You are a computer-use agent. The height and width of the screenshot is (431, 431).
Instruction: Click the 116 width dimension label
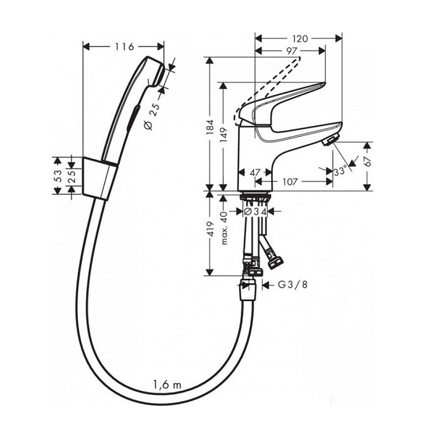tap(124, 47)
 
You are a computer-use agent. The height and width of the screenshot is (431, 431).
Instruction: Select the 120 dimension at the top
tap(300, 39)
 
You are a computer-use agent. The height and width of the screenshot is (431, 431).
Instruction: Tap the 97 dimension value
tap(291, 51)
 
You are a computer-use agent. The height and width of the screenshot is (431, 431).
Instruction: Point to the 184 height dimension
tap(210, 127)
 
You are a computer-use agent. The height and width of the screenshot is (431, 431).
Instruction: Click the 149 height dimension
tap(224, 134)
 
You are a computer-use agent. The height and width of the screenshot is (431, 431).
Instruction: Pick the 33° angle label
tap(340, 171)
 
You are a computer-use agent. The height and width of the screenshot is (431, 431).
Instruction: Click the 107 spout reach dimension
tap(290, 182)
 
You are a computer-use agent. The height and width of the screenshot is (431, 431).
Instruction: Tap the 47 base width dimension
tap(255, 172)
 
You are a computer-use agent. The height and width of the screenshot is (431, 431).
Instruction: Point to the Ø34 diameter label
tap(256, 211)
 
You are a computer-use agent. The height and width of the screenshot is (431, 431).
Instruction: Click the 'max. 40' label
tap(224, 228)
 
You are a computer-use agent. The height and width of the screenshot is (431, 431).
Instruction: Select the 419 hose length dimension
tap(210, 229)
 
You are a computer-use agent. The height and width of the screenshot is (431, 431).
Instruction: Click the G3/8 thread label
tap(293, 285)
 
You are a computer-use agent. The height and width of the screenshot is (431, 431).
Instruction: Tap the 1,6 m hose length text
tap(167, 384)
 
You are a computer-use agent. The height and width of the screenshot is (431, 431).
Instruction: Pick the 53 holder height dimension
tap(57, 176)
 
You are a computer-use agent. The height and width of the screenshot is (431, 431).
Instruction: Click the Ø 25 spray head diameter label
tap(152, 117)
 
